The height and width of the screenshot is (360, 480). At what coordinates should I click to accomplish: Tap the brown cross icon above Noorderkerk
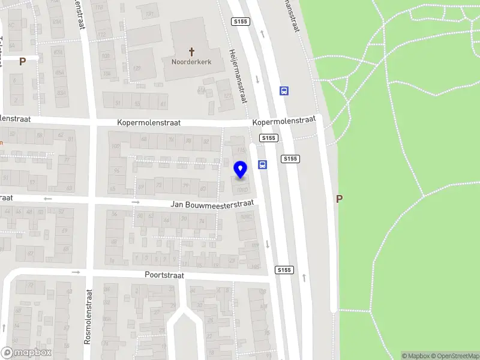pyautogui.click(x=192, y=52)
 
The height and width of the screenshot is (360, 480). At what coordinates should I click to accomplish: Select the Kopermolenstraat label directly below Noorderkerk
pyautogui.click(x=149, y=122)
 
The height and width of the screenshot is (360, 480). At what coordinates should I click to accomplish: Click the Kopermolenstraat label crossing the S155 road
pyautogui.click(x=284, y=121)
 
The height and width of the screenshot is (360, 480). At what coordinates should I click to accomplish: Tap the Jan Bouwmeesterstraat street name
pyautogui.click(x=212, y=203)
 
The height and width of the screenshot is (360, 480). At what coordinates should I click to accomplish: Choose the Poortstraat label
pyautogui.click(x=164, y=275)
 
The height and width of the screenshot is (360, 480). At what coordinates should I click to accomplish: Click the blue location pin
pyautogui.click(x=241, y=170)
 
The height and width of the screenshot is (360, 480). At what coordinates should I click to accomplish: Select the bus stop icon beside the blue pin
pyautogui.click(x=262, y=165)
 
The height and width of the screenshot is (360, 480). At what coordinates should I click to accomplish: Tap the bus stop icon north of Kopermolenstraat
pyautogui.click(x=284, y=91)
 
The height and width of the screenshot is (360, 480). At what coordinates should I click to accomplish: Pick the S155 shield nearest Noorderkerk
pyautogui.click(x=240, y=22)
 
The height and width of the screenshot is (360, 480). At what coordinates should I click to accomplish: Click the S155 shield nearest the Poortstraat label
pyautogui.click(x=284, y=270)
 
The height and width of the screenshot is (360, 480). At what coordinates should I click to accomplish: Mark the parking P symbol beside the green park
pyautogui.click(x=339, y=199)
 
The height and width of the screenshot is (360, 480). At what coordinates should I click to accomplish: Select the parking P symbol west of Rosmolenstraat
pyautogui.click(x=22, y=61)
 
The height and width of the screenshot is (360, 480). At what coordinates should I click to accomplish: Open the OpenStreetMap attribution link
pyautogui.click(x=455, y=356)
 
